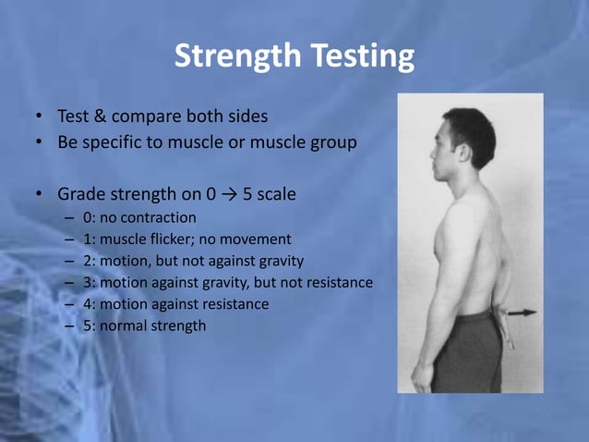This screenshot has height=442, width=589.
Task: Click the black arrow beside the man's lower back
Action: (523, 313)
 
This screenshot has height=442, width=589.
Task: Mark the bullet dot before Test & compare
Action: (40, 118)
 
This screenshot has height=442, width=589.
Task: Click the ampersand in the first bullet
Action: (99, 117)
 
